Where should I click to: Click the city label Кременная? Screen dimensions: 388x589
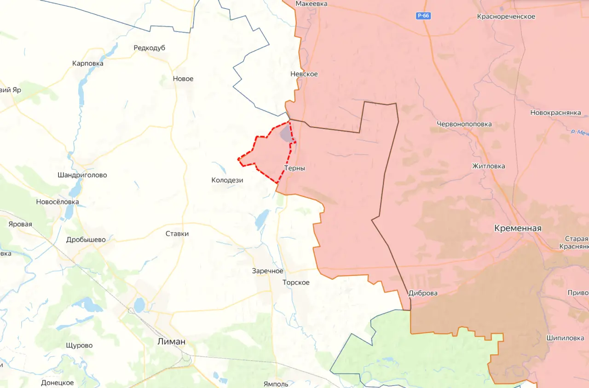[x=518, y=228]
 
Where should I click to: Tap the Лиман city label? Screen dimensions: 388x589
[x=171, y=342]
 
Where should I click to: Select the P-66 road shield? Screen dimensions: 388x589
[x=423, y=16]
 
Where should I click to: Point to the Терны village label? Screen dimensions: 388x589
[x=294, y=168]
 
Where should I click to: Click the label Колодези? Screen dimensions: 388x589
[x=227, y=180]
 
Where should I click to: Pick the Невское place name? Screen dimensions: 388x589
[x=304, y=74]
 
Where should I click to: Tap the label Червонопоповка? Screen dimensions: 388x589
[x=464, y=124]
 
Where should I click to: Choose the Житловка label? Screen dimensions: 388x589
[x=488, y=166]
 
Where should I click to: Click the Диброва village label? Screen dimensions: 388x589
[x=423, y=293]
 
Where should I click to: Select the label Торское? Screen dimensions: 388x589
[x=296, y=283]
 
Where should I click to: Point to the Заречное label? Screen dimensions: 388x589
[x=267, y=271]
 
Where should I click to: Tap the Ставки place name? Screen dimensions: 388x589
[x=177, y=234]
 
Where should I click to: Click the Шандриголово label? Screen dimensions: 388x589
[x=82, y=175]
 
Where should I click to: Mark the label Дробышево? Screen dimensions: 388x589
[x=86, y=240]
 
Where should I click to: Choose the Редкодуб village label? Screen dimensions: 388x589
[x=149, y=48]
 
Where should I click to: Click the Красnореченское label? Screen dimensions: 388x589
[x=506, y=17]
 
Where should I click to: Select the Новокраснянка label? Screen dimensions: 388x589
[x=556, y=113]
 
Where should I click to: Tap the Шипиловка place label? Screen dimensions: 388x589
[x=565, y=338]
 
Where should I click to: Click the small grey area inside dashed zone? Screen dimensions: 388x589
[x=287, y=134]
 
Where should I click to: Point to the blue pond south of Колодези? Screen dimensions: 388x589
[x=260, y=220]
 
